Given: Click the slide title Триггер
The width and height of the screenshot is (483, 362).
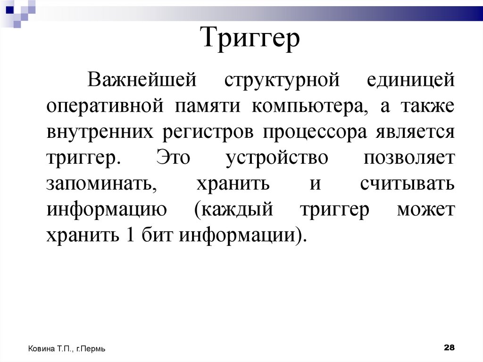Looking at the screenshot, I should click(x=251, y=39).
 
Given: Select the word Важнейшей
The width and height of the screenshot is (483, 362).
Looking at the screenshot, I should click(x=141, y=80).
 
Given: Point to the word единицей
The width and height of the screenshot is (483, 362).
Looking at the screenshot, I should click(x=410, y=80).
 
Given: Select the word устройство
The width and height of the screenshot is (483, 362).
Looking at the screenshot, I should click(x=276, y=158).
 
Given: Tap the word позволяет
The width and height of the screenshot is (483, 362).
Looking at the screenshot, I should click(x=409, y=158).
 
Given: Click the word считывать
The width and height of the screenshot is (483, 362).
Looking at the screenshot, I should click(x=407, y=184).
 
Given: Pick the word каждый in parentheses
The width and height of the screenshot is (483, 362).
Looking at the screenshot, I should click(x=234, y=210).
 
